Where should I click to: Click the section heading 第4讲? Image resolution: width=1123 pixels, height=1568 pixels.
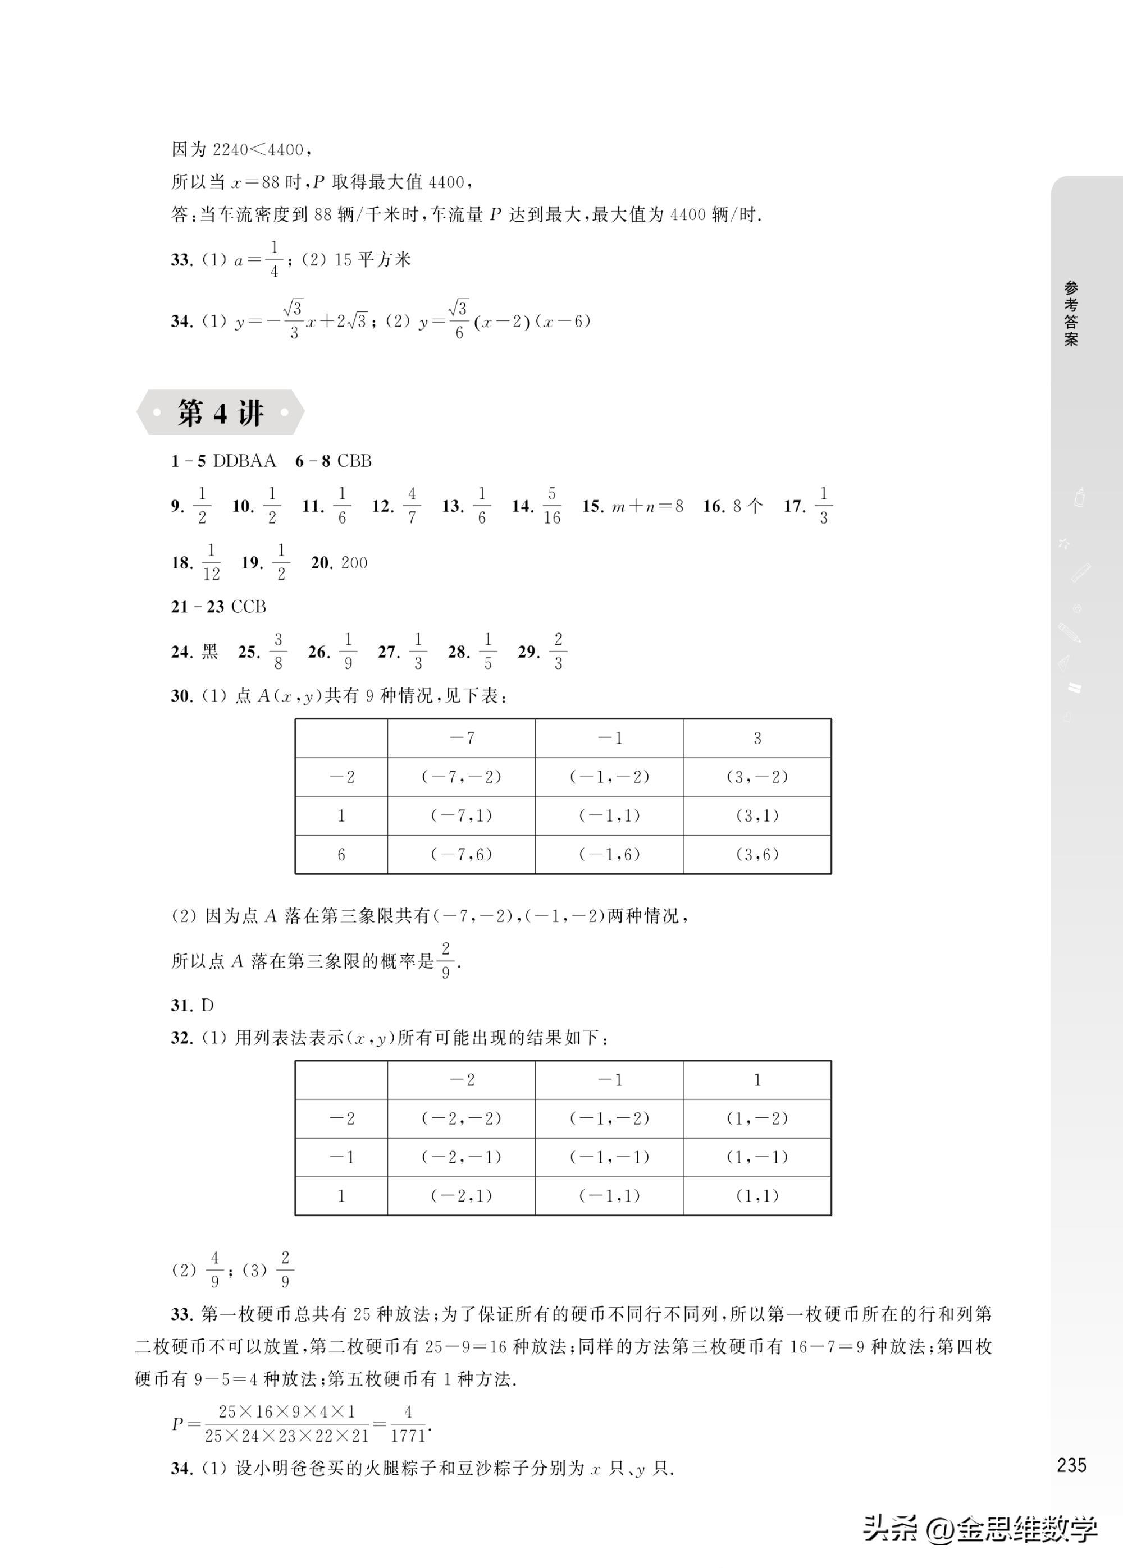coord(220,412)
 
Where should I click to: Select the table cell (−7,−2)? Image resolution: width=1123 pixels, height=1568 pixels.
coord(461,777)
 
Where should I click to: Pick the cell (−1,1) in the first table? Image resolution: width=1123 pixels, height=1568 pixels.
coord(609,815)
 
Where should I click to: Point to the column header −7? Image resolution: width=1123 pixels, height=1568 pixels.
coord(461,738)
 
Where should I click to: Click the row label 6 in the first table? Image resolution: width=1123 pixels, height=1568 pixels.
coord(341,855)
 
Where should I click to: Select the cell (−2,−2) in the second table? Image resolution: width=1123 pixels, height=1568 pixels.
coord(461,1118)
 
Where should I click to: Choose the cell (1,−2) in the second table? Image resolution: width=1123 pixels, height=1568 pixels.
coord(757,1118)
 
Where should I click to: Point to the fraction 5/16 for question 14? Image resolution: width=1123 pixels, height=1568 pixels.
coord(551,506)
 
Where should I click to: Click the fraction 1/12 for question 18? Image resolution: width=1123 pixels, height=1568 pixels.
coord(211,562)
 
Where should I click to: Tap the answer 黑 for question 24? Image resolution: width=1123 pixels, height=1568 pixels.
coord(209,652)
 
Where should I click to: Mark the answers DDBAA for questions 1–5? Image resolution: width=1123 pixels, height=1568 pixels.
coord(244,461)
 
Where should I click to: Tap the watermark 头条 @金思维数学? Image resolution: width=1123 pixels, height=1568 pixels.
coord(979,1529)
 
